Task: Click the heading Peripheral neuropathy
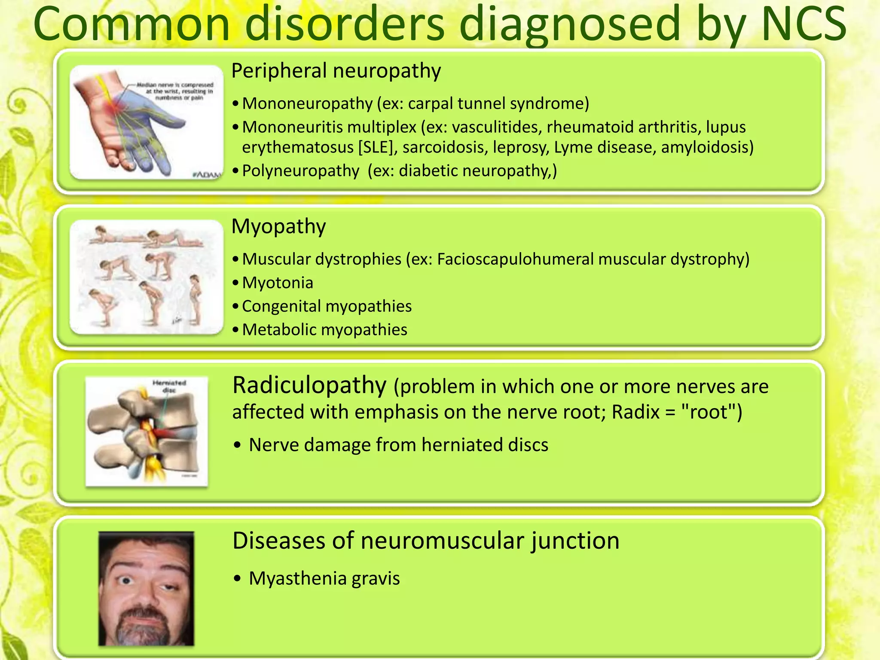(x=336, y=70)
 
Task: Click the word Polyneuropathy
(x=300, y=171)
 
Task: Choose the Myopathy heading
(x=278, y=226)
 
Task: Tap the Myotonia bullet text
(x=278, y=283)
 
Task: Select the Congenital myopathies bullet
(x=327, y=306)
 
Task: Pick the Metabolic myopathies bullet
(x=324, y=330)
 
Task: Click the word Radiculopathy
(x=309, y=385)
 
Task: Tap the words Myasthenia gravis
(x=324, y=579)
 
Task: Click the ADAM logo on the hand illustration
(x=207, y=174)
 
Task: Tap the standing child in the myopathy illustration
(x=196, y=299)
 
